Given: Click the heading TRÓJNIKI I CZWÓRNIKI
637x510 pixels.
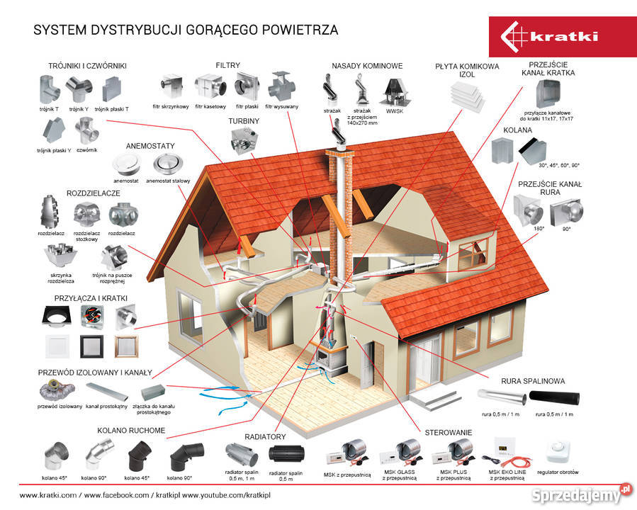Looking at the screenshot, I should click(88, 66).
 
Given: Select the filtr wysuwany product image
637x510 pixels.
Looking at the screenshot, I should click(281, 87).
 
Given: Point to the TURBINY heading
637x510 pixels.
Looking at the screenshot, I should click(243, 121).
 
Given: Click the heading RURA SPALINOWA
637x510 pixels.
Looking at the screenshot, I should click(533, 381).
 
